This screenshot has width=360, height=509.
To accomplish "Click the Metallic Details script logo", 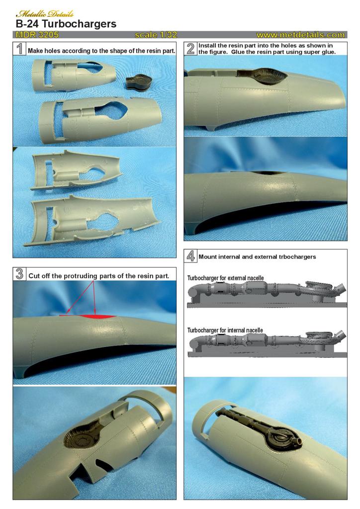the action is pos(45,13).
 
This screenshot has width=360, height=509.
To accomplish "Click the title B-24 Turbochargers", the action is pos(66,24).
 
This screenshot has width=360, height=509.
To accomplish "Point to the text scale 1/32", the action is pos(156,35).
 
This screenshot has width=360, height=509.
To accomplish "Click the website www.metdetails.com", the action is pos(301,35).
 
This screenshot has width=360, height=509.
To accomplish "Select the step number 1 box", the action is pos(19,48).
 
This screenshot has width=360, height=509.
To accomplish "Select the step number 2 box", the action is pos(190,48).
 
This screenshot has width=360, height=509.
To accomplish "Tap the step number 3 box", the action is pos(19,274).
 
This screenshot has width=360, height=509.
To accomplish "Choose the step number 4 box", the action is pos(190,256).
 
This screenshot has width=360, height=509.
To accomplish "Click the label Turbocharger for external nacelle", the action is pos(225,278).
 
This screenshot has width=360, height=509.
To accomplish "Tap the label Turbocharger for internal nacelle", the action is pos(225,330).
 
